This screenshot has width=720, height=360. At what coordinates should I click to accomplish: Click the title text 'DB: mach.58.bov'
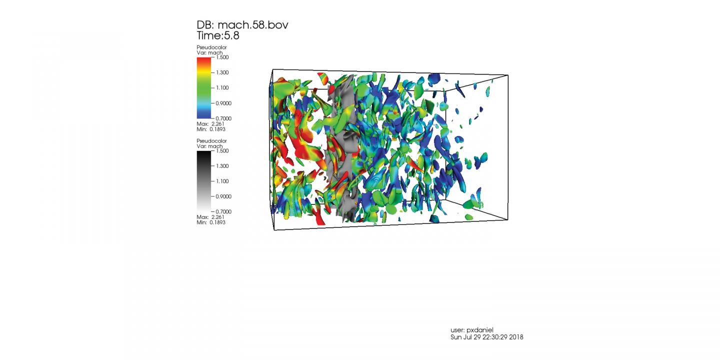coord(242,25)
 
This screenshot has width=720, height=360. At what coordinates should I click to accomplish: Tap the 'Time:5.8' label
coord(218,35)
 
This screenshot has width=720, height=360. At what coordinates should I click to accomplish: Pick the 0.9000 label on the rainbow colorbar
coord(223,103)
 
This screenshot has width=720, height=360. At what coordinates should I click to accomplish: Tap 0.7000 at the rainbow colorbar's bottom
coord(223,118)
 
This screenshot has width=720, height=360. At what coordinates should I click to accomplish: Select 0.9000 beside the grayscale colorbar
coord(223,196)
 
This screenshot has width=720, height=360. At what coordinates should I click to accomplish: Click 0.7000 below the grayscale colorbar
coord(223,211)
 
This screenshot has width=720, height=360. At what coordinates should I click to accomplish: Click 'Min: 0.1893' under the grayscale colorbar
coord(211,222)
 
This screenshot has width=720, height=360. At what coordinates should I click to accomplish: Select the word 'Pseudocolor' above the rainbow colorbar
coord(211,47)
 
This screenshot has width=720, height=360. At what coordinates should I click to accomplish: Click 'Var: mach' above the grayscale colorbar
coord(209,145)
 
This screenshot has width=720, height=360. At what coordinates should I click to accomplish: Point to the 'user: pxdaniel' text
coord(472,330)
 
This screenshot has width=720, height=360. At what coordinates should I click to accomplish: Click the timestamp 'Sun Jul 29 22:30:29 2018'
coord(486,337)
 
